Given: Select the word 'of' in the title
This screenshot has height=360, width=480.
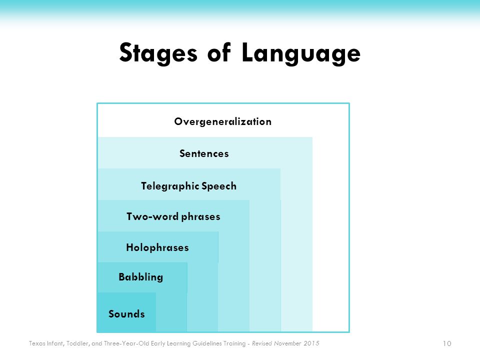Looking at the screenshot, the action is (x=219, y=52).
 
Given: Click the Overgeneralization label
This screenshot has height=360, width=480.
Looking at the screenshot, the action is (x=223, y=122).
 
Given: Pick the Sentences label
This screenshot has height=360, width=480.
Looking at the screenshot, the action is (x=204, y=153).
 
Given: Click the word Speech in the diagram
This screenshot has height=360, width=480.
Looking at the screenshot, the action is (x=219, y=186).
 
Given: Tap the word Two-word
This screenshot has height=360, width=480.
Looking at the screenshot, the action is (x=152, y=216).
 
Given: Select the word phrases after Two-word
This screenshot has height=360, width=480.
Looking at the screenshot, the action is (x=201, y=216).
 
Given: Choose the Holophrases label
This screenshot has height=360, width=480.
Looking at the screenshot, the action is (x=157, y=247).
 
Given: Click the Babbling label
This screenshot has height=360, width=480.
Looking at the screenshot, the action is (x=141, y=277).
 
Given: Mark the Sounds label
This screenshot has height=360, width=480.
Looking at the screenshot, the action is (x=126, y=314).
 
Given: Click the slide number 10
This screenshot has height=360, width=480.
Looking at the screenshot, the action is (x=447, y=343).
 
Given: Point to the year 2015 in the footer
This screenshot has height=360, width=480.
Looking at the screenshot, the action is (x=311, y=343).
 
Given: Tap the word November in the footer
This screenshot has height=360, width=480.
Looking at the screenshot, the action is (x=288, y=343).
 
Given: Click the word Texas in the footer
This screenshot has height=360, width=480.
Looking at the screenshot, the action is (x=36, y=343).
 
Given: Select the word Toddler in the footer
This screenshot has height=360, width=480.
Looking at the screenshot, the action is (x=78, y=343).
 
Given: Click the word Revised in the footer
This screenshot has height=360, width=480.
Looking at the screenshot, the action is (x=262, y=343).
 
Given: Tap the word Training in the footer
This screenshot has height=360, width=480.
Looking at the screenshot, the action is (x=234, y=344).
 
